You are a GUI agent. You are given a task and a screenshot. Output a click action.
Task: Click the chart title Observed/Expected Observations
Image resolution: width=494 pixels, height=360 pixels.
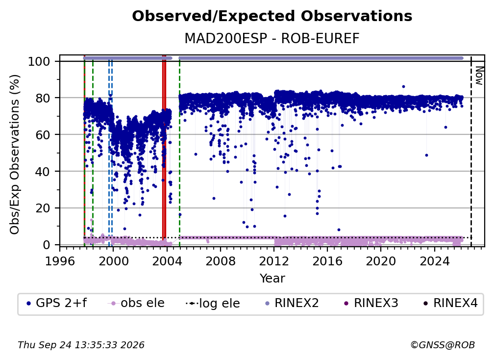point(272,16)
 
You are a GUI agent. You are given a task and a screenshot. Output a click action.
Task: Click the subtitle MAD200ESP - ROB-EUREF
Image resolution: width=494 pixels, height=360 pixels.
point(272,39)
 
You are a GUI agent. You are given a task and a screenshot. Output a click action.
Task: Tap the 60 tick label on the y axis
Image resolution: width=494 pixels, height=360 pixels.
point(43,135)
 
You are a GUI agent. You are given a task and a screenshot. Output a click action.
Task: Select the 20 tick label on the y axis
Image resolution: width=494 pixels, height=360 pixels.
point(43,208)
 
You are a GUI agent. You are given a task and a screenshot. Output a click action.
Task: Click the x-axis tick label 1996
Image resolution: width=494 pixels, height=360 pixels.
point(60,261)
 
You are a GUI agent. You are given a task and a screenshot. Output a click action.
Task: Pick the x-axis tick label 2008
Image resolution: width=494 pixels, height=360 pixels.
point(220,261)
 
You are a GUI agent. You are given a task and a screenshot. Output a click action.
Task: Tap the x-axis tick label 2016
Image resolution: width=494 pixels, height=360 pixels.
point(327,261)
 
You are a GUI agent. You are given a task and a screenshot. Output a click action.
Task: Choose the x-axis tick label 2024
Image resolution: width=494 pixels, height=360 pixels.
point(434,261)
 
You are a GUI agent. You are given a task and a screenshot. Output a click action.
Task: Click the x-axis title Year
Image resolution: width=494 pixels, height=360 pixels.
point(272,279)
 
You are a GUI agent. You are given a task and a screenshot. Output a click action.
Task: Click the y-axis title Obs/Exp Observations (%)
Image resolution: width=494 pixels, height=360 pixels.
point(15,154)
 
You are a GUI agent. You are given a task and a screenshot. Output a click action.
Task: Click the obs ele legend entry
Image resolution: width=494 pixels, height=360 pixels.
point(136,303)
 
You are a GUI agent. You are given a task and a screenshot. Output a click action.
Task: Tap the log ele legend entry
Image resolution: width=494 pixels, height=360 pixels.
point(213,304)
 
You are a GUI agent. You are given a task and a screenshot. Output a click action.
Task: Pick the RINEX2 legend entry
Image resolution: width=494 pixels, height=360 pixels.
point(292,303)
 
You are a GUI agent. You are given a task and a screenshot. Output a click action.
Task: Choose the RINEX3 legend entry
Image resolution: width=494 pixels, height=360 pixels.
point(371,303)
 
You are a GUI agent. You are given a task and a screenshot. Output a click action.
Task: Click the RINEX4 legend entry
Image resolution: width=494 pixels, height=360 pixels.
point(451,303)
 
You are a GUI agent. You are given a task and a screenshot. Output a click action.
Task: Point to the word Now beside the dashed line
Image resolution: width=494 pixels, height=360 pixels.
point(479,76)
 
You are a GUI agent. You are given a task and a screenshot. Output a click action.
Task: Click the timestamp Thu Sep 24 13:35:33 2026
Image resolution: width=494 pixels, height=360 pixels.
point(81,345)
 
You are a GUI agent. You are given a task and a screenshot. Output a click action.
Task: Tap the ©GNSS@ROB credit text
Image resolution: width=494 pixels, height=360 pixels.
point(443,345)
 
